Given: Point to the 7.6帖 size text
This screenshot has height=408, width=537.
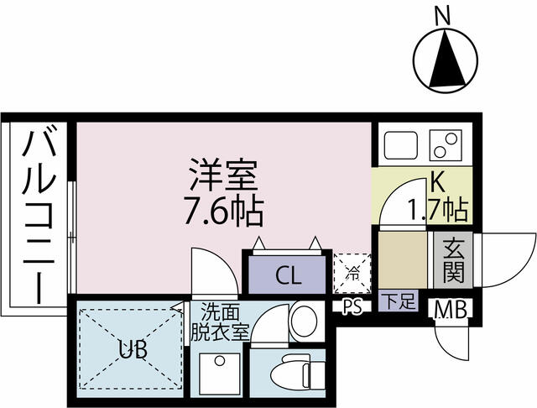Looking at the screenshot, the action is [x=224, y=211].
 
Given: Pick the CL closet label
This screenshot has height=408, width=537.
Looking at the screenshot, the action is [x=289, y=275].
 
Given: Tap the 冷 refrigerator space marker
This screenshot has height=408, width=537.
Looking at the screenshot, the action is [x=352, y=274].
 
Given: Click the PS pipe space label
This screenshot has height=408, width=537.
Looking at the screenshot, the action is [x=352, y=307].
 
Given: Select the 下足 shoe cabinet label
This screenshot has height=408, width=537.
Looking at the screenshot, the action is [x=399, y=301].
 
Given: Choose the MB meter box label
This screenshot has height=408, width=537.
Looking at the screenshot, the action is [x=451, y=309].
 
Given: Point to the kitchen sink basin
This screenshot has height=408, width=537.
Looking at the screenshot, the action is [x=401, y=145].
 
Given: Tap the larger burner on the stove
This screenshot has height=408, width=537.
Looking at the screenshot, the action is [x=451, y=139].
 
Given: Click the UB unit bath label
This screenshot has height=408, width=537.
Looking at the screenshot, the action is [x=133, y=350].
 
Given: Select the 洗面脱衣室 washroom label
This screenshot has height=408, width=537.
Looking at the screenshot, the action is [x=220, y=322].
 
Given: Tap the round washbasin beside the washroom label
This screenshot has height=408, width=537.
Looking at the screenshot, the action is [x=304, y=321].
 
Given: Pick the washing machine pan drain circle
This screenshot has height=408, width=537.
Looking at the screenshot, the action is [x=219, y=360].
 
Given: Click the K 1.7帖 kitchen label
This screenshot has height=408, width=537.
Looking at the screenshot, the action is [x=438, y=197].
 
